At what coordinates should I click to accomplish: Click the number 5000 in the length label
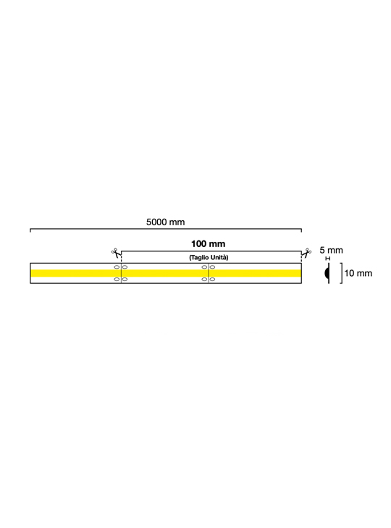click(x=156, y=222)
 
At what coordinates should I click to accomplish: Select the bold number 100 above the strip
click(x=198, y=244)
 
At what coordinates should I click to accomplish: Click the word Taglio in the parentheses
click(x=198, y=258)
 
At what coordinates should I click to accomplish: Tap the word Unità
click(x=219, y=258)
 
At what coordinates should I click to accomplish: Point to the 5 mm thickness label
click(x=331, y=250)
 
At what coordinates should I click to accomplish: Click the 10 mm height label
click(x=358, y=273)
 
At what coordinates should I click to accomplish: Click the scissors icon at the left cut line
click(x=116, y=253)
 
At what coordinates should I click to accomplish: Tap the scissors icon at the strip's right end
click(x=306, y=253)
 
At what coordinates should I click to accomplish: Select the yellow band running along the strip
click(x=166, y=273)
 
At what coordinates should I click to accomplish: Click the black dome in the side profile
click(x=327, y=273)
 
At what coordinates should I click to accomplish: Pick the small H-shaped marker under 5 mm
click(x=328, y=259)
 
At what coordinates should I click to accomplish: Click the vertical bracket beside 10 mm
click(x=342, y=273)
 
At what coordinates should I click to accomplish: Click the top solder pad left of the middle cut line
click(x=204, y=267)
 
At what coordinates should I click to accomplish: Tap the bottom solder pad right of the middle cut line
click(x=212, y=279)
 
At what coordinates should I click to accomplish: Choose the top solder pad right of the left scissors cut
click(x=125, y=267)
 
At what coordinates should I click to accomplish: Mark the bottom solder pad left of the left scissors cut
click(x=117, y=279)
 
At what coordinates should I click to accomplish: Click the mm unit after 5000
click(x=177, y=222)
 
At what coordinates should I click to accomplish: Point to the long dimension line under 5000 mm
click(x=166, y=229)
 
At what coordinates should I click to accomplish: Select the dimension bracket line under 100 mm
click(x=211, y=251)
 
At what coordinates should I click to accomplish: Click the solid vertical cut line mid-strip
click(x=209, y=273)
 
